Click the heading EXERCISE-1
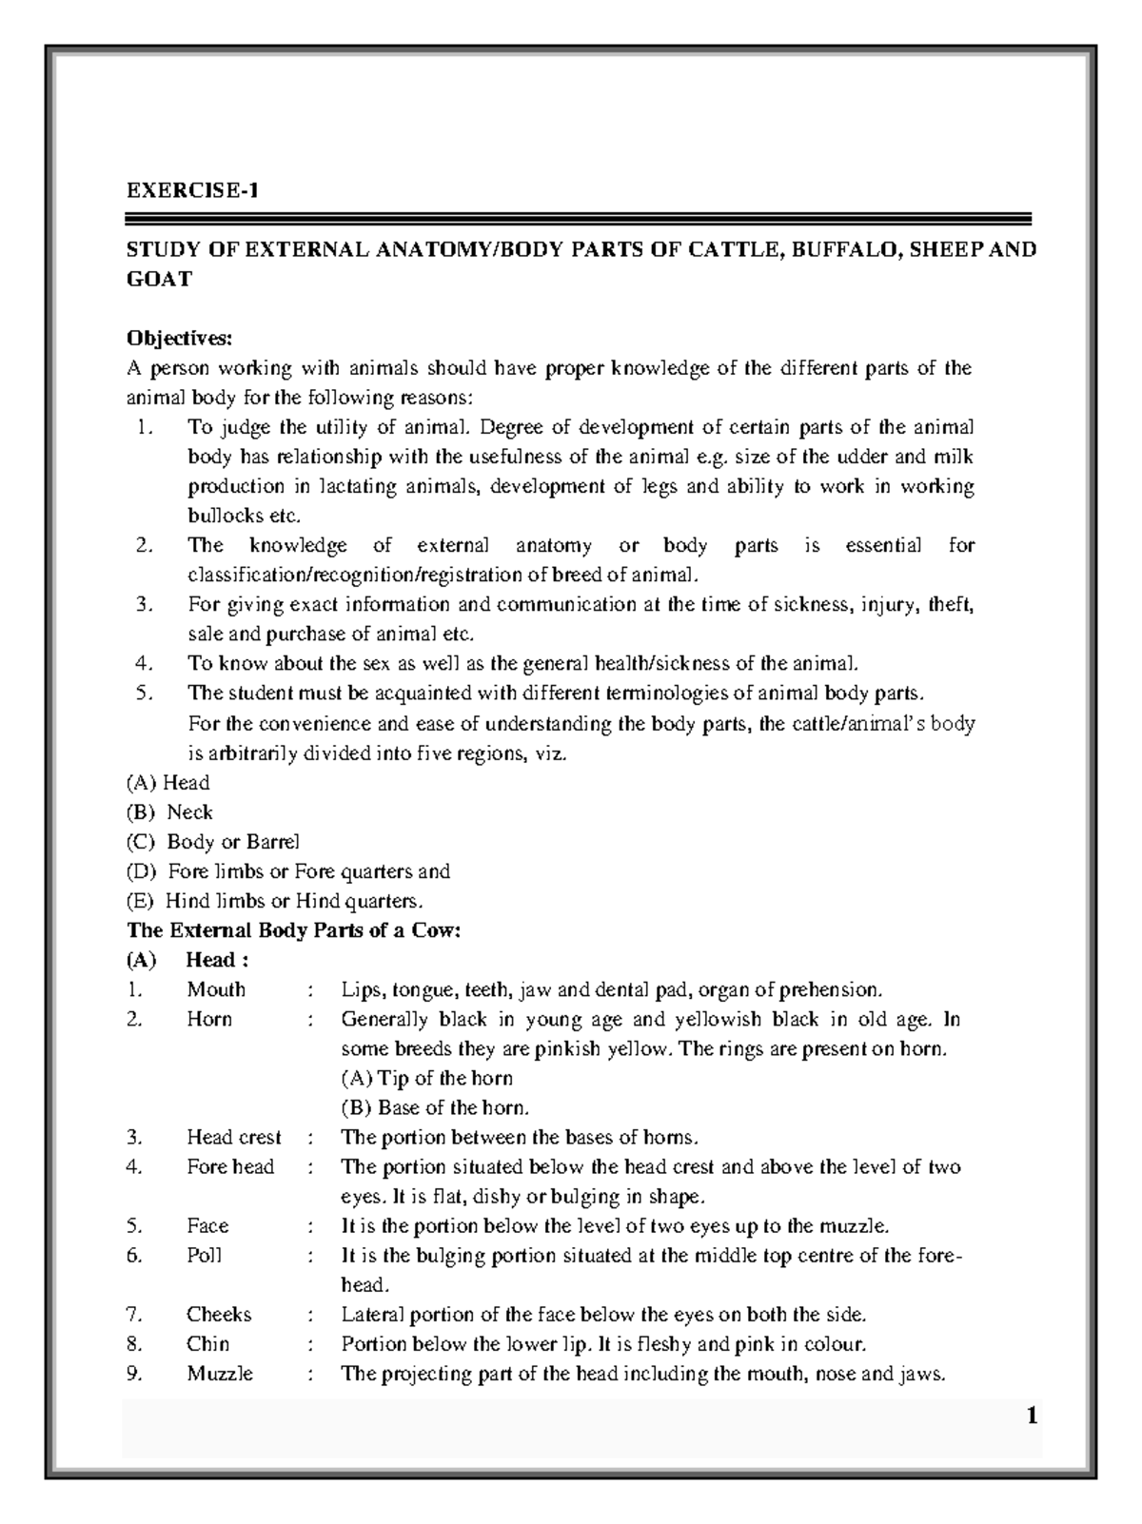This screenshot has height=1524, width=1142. click(193, 190)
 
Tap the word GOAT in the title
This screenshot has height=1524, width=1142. click(159, 279)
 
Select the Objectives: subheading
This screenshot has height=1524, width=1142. click(179, 339)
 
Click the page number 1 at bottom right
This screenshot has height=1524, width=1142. click(1031, 1417)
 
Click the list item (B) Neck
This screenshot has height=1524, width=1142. click(169, 812)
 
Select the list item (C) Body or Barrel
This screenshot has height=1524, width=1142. click(212, 842)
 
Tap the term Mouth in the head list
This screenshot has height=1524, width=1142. click(216, 989)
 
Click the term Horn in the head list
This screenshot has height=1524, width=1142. click(209, 1019)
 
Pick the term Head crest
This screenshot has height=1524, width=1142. click(234, 1137)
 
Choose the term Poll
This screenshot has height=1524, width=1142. click(204, 1255)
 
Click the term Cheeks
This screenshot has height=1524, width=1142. click(219, 1314)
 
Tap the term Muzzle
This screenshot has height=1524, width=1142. click(220, 1374)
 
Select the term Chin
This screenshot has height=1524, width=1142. click(207, 1343)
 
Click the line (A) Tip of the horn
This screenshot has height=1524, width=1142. click(426, 1078)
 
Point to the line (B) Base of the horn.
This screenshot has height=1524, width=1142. click(434, 1107)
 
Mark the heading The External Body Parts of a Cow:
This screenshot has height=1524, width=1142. click(294, 930)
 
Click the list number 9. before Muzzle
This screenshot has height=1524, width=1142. click(134, 1374)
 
